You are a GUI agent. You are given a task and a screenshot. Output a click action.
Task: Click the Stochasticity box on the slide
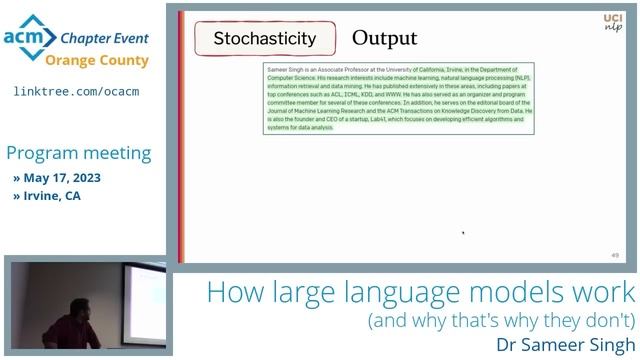tap(264, 40)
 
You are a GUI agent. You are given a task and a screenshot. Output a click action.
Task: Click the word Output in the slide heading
tap(384, 39)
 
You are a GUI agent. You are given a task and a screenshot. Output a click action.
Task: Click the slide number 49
tap(614, 255)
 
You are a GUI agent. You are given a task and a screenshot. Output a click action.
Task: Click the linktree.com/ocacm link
tap(76, 91)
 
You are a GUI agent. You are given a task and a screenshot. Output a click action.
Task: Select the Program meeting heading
tap(79, 153)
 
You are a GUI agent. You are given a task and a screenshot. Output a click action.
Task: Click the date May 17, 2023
tap(62, 178)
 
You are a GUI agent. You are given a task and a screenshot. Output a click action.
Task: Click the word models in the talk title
tap(529, 293)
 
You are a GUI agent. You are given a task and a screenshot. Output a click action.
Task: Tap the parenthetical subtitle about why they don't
tap(501, 321)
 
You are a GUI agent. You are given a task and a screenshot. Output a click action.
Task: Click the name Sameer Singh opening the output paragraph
tap(286, 68)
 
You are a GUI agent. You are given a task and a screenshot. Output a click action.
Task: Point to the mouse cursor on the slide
tap(462, 233)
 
